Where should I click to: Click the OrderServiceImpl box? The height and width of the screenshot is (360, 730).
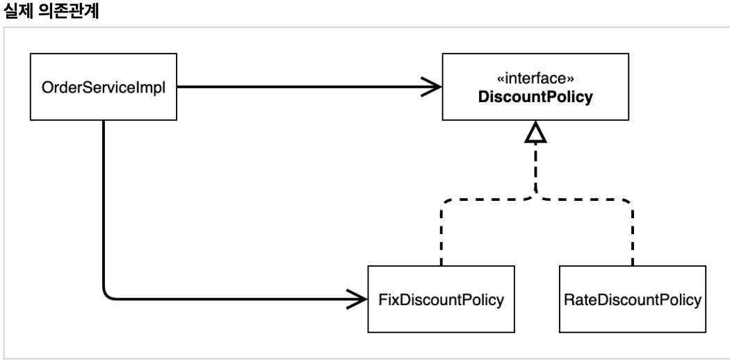tap(104, 86)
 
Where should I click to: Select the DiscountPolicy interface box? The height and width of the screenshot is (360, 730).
tap(535, 86)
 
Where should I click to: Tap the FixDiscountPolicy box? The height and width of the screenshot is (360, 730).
tap(441, 299)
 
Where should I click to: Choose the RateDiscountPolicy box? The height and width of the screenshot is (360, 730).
tap(632, 299)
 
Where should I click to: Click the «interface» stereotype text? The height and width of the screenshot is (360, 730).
tap(535, 78)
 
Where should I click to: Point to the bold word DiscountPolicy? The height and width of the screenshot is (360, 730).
tap(535, 97)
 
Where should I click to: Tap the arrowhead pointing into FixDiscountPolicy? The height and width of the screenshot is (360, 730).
tap(359, 299)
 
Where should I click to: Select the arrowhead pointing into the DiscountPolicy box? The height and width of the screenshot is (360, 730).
tap(432, 86)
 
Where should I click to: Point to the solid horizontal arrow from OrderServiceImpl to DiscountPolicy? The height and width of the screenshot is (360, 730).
tap(309, 86)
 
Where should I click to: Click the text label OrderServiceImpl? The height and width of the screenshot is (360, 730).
tap(104, 88)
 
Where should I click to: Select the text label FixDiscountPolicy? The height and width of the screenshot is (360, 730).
tap(441, 300)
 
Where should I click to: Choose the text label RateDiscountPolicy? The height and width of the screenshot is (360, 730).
tap(632, 300)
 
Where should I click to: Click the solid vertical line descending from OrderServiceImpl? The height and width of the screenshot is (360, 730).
tap(104, 204)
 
